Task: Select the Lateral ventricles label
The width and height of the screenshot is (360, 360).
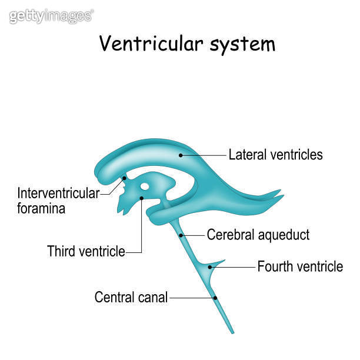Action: click(275, 155)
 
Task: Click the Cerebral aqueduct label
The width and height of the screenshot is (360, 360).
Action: click(258, 235)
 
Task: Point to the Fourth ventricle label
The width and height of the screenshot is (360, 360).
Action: click(300, 266)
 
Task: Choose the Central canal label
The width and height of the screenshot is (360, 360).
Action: click(131, 298)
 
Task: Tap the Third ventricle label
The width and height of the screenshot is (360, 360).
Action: click(86, 252)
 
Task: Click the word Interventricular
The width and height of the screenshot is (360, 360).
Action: click(58, 193)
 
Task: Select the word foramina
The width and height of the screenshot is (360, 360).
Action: click(41, 208)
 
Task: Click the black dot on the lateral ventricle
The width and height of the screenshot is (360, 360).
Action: click(181, 155)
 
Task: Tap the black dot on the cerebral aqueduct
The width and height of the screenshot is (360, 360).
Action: click(182, 235)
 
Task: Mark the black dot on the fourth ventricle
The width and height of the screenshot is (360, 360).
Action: click(209, 267)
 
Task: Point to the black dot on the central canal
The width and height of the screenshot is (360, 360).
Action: click(216, 298)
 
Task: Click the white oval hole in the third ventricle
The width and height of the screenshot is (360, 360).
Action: click(145, 186)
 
